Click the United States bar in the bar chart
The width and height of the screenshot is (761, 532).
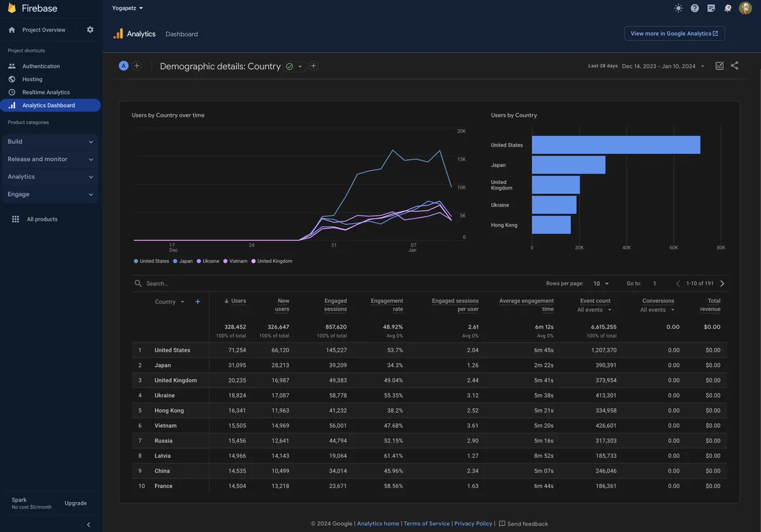pyautogui.click(x=616, y=145)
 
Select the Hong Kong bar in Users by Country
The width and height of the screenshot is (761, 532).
pyautogui.click(x=551, y=225)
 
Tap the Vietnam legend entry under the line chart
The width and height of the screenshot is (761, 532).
pyautogui.click(x=235, y=261)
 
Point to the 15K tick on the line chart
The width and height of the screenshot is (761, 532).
pyautogui.click(x=462, y=159)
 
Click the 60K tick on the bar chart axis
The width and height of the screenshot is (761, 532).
pyautogui.click(x=673, y=248)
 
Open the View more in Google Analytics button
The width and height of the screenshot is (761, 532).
pyautogui.click(x=674, y=34)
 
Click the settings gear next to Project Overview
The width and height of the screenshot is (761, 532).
pyautogui.click(x=90, y=30)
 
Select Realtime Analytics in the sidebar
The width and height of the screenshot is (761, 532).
pyautogui.click(x=46, y=92)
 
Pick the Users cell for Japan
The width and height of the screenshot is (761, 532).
pyautogui.click(x=237, y=365)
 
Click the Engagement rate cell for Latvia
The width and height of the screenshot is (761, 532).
pyautogui.click(x=393, y=455)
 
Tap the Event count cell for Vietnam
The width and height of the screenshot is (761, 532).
pyautogui.click(x=606, y=425)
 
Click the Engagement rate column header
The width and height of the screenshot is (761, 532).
pyautogui.click(x=387, y=305)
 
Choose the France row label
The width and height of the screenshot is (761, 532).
pyautogui.click(x=164, y=486)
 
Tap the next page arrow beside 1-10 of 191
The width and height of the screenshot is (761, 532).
pyautogui.click(x=722, y=283)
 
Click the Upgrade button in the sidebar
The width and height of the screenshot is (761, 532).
pyautogui.click(x=75, y=503)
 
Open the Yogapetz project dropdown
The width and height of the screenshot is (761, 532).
pyautogui.click(x=127, y=8)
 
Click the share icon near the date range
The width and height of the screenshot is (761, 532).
pyautogui.click(x=734, y=65)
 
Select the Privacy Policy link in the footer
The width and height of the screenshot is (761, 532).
pyautogui.click(x=473, y=524)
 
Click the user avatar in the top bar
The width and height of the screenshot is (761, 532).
pyautogui.click(x=745, y=8)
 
